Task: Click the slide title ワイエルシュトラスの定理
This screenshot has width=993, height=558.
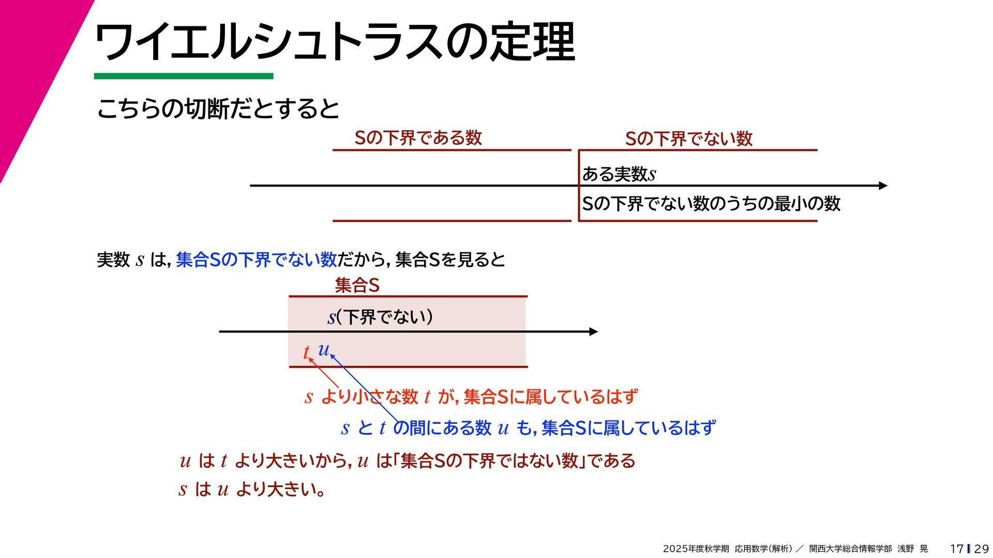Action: pos(335,42)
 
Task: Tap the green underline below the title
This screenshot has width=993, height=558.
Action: pos(183,76)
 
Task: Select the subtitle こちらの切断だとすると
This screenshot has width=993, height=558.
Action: pos(218,109)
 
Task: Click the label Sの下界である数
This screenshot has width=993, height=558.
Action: pos(418,138)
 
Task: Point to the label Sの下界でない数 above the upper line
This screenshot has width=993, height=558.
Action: pos(688,138)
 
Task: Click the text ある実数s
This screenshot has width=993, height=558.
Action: pos(619,174)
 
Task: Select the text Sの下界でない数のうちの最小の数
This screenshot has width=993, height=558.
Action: pos(711,204)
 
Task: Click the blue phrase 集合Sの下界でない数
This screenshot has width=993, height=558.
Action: pos(257,259)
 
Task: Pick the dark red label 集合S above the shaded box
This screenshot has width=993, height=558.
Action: pos(357,285)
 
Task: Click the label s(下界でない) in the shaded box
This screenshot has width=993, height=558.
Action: pos(380,317)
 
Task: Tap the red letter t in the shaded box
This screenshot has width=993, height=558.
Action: pos(306,352)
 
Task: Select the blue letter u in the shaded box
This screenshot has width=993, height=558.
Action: pos(324,350)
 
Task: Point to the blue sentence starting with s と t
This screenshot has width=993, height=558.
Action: pos(528,428)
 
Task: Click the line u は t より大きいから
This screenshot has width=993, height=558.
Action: pos(408,460)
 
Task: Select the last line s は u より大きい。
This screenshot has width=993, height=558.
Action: pos(252,489)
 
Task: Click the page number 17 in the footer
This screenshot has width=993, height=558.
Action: pos(956,549)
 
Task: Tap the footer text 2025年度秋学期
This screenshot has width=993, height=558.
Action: pos(696,549)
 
